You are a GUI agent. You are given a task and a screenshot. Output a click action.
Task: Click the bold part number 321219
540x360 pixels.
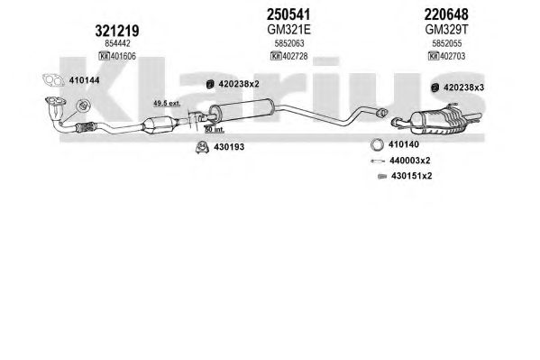click(117, 31)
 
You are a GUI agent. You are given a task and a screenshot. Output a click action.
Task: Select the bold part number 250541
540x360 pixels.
click(288, 14)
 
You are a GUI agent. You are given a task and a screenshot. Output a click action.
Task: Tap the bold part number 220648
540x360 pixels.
click(446, 14)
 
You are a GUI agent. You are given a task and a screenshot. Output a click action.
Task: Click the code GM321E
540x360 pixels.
click(288, 30)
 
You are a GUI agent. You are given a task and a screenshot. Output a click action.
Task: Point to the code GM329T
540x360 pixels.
click(446, 30)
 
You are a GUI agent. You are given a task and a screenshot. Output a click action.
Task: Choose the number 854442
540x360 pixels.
click(117, 43)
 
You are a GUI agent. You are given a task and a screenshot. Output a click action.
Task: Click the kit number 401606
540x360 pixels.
click(123, 56)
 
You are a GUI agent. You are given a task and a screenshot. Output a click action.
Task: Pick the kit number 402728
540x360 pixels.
click(295, 56)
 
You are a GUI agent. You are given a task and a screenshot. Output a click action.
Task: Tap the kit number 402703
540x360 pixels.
click(453, 56)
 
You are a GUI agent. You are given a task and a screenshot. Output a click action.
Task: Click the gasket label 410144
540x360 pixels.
click(85, 80)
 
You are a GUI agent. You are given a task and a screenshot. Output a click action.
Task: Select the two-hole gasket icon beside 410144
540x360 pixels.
click(53, 80)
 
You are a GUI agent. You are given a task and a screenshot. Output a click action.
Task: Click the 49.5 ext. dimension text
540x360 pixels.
click(167, 103)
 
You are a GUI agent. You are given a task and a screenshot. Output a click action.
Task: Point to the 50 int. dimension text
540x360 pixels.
click(215, 130)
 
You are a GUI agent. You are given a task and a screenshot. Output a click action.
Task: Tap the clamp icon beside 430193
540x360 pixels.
click(203, 147)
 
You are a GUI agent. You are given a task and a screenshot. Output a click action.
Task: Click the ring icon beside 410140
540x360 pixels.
click(378, 144)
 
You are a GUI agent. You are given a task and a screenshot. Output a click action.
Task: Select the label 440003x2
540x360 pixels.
click(410, 161)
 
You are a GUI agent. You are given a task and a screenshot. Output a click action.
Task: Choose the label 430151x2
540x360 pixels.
click(412, 176)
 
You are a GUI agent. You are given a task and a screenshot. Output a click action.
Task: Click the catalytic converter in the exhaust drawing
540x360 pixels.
click(159, 125)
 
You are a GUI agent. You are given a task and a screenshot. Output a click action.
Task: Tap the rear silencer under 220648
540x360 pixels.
click(438, 121)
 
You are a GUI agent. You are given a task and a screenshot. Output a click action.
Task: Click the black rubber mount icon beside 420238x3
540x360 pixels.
click(435, 88)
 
